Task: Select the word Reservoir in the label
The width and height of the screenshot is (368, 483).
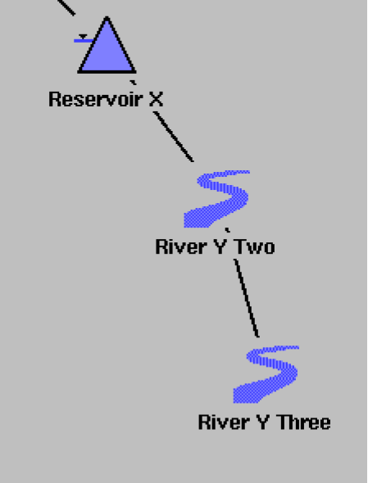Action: [96, 100]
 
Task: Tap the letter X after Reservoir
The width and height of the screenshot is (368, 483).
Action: [156, 100]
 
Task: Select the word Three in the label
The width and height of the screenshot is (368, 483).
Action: [304, 422]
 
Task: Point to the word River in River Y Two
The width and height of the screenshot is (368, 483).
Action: [181, 246]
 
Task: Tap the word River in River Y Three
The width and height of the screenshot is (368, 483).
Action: [224, 422]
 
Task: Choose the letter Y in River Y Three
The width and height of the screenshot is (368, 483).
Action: [264, 422]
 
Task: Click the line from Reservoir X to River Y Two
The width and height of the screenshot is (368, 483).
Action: [174, 137]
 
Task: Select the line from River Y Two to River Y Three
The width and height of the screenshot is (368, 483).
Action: [247, 298]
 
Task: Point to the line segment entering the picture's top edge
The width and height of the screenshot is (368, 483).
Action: [66, 7]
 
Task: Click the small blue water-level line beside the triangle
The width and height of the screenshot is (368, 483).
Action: [84, 41]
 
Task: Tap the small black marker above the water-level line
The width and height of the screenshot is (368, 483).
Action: [83, 37]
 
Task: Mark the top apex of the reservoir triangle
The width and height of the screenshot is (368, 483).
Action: [107, 17]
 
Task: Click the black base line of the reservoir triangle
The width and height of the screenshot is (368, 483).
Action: [107, 72]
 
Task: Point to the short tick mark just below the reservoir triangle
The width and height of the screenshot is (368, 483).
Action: [133, 82]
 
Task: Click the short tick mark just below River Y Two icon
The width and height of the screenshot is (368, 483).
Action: [227, 230]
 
